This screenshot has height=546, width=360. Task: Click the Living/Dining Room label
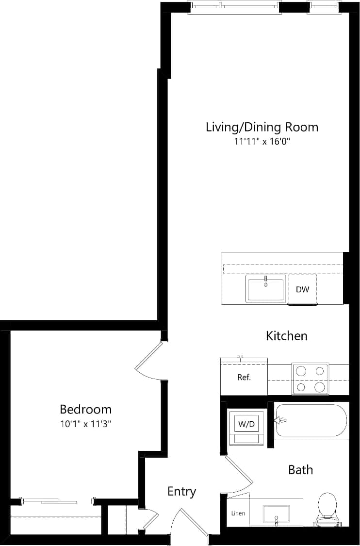point(262,127)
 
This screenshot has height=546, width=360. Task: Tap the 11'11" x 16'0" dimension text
point(262,142)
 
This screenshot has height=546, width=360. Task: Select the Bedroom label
point(85,409)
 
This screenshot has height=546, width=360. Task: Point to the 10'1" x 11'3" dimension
point(85,424)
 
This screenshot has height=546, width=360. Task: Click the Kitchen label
point(286,335)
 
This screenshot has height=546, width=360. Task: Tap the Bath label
point(300,469)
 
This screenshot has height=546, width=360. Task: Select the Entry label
point(181,491)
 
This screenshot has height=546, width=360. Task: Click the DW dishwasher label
point(302,290)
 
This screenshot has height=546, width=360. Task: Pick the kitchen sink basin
point(265,289)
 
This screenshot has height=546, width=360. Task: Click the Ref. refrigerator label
point(244,377)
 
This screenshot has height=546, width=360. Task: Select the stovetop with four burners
point(310,379)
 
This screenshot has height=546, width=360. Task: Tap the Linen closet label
point(238,513)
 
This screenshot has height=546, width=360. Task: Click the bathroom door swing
point(239,476)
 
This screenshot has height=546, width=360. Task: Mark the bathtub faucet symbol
point(280,420)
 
